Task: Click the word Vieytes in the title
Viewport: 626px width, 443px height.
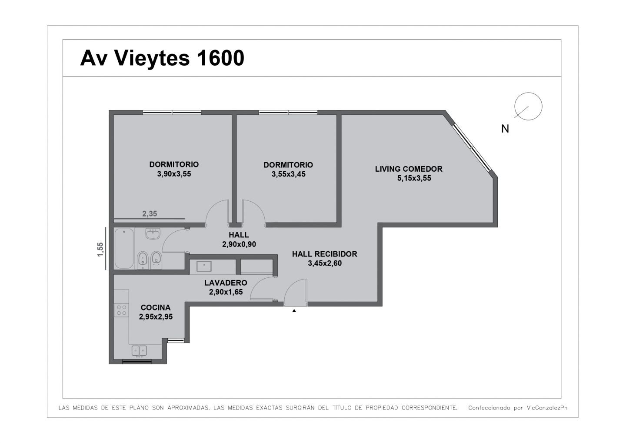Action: click(x=152, y=58)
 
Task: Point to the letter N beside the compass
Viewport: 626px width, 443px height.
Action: click(x=505, y=129)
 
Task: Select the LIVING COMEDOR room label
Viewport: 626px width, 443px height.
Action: click(x=409, y=169)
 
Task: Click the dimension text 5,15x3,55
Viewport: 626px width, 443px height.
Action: click(x=414, y=178)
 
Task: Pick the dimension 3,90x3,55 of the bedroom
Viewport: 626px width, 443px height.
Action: click(x=174, y=173)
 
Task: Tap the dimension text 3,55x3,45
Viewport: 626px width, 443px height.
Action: click(x=288, y=174)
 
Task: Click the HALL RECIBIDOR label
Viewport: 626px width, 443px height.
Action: click(x=324, y=254)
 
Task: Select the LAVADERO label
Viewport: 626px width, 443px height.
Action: click(x=226, y=283)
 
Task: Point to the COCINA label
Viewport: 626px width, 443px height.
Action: click(x=155, y=307)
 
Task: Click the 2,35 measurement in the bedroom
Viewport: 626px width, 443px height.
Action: click(x=150, y=213)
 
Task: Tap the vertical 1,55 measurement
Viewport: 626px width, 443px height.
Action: click(x=100, y=249)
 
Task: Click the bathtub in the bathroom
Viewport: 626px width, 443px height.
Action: click(x=124, y=249)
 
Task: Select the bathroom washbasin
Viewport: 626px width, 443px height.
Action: click(x=153, y=233)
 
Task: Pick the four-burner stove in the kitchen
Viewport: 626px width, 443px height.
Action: click(x=121, y=310)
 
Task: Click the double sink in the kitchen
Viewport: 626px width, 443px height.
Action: click(x=139, y=351)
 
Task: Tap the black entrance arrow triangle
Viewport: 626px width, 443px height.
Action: click(x=294, y=310)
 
